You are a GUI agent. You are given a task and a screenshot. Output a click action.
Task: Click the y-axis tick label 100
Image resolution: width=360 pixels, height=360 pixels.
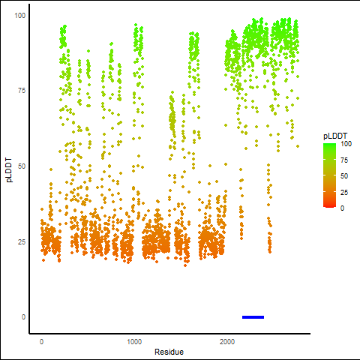click(x=20, y=16)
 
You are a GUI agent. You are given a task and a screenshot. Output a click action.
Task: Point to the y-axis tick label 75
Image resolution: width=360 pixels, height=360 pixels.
click(x=22, y=91)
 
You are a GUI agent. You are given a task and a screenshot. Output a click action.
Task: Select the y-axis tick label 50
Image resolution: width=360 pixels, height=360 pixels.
click(x=22, y=166)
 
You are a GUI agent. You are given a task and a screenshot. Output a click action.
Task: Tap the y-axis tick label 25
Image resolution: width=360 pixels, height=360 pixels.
click(x=22, y=241)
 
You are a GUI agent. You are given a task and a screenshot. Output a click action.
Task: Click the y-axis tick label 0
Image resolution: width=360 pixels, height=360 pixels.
click(x=23, y=317)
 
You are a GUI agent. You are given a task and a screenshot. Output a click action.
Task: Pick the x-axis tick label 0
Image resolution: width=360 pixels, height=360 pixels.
click(x=41, y=341)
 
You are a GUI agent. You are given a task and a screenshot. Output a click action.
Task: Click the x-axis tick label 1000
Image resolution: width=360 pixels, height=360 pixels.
click(x=134, y=341)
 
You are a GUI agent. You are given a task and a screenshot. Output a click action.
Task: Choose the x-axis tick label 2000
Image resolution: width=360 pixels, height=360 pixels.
click(x=227, y=341)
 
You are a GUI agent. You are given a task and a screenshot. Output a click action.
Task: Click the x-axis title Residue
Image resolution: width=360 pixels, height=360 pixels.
click(x=169, y=352)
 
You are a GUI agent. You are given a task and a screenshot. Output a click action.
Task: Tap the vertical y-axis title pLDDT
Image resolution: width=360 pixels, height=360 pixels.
click(x=9, y=170)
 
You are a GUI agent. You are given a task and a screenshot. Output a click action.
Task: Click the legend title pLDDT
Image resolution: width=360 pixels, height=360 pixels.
click(x=335, y=136)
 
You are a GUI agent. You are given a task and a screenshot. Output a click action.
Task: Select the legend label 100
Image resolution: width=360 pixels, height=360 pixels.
click(x=346, y=144)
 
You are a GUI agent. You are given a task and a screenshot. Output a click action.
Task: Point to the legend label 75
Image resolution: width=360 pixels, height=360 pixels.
click(x=344, y=160)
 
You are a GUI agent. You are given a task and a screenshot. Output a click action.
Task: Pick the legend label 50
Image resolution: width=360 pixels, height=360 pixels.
click(x=344, y=176)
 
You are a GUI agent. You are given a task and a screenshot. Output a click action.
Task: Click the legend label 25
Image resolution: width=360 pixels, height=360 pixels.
click(x=344, y=192)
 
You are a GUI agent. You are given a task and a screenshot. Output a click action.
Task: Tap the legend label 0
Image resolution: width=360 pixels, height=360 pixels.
click(x=342, y=208)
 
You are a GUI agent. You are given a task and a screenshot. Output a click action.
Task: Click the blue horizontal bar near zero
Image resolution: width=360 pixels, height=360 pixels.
click(x=253, y=317)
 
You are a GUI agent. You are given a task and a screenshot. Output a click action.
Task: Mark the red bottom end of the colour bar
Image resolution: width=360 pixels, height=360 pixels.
click(x=329, y=206)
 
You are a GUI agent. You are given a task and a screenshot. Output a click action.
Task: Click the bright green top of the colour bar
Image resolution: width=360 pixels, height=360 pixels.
click(x=329, y=145)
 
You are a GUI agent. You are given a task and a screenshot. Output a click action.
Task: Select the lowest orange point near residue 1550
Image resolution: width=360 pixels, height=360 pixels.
click(x=185, y=265)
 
